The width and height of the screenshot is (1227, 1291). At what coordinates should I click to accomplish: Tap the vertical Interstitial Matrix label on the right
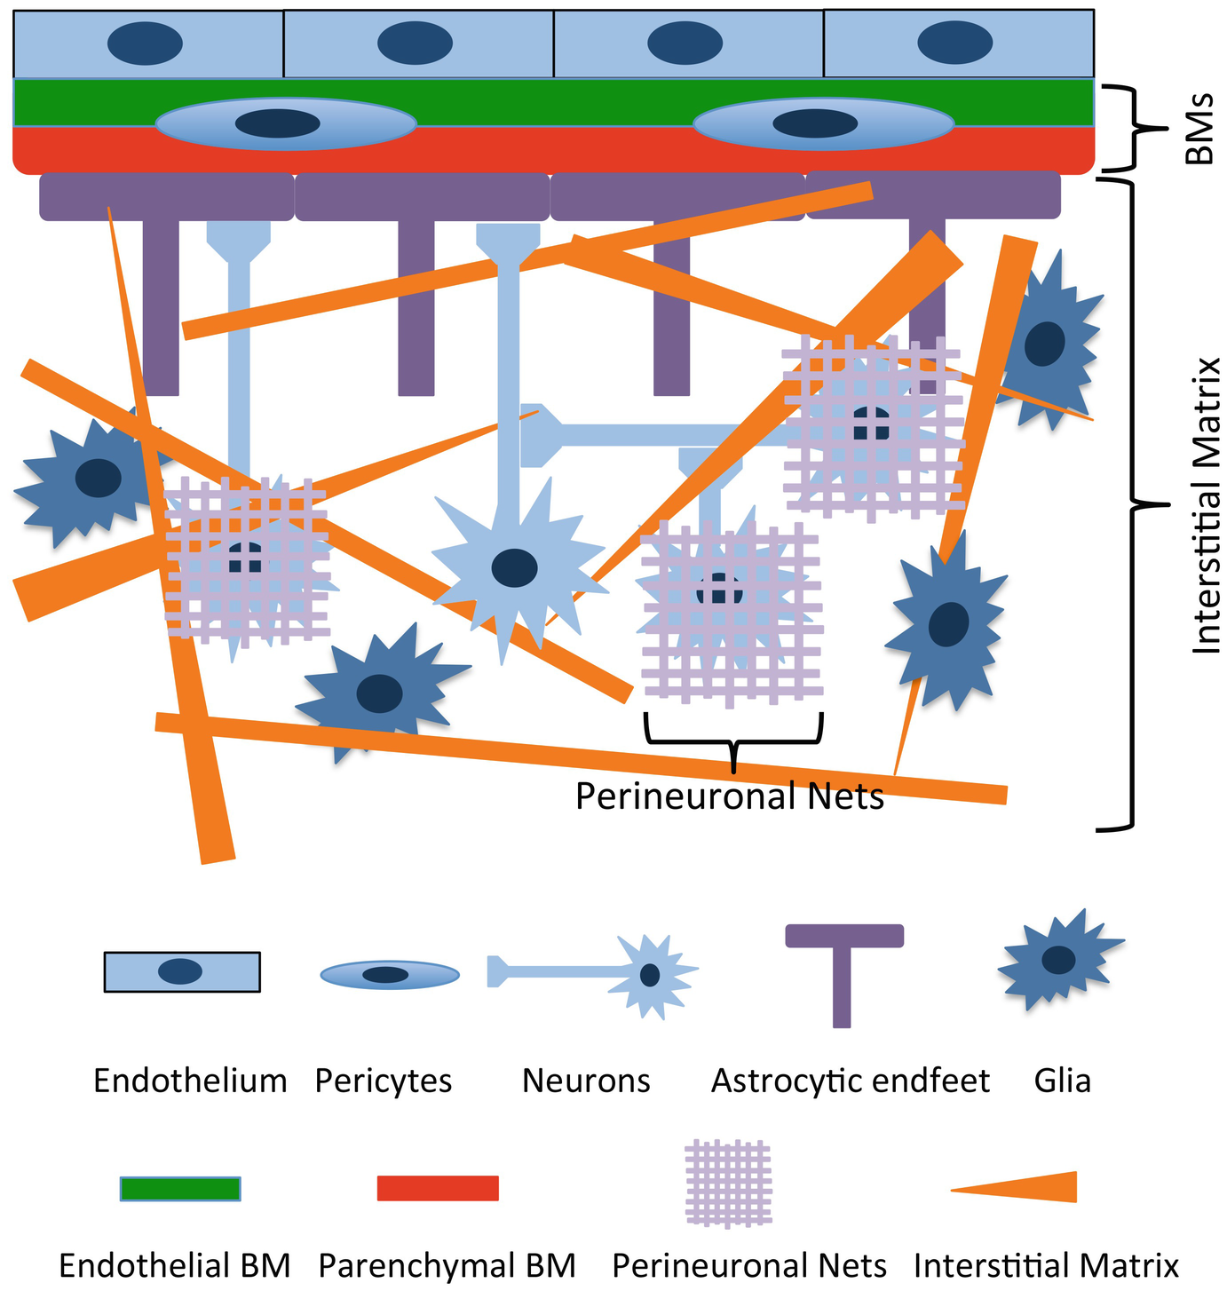[x=1206, y=506]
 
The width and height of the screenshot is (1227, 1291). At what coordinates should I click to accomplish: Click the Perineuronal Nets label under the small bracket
[x=730, y=796]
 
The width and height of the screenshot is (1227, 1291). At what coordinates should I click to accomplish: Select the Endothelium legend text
[x=190, y=1081]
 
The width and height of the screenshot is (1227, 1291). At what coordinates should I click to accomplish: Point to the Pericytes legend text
[x=384, y=1081]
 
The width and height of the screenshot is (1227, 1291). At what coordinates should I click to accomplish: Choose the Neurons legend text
[x=586, y=1081]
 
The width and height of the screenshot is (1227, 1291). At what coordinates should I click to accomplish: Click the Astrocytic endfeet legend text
[x=851, y=1081]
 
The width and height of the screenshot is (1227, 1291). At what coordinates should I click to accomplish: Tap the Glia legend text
[x=1062, y=1081]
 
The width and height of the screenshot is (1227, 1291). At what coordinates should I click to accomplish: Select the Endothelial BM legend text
[x=175, y=1265]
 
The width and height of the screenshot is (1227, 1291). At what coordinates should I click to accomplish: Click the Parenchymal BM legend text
[x=447, y=1265]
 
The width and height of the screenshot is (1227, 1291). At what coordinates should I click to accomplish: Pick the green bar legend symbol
[x=180, y=1188]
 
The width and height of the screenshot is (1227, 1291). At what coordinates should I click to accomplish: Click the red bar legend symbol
[x=438, y=1188]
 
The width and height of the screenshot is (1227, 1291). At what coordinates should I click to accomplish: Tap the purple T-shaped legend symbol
[x=843, y=972]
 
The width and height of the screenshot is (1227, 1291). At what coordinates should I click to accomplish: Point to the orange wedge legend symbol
[x=1030, y=1187]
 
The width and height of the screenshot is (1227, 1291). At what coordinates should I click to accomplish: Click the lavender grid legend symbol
[x=727, y=1182]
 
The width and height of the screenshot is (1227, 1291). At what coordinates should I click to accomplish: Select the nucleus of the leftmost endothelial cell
[x=146, y=44]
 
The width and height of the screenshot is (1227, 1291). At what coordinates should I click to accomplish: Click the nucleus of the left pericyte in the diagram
[x=278, y=123]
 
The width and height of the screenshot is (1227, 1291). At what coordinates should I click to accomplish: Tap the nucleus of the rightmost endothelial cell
[x=955, y=44]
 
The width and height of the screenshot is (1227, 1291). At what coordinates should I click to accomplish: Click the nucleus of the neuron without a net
[x=514, y=567]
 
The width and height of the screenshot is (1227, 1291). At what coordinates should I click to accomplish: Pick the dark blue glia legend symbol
[x=1057, y=960]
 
